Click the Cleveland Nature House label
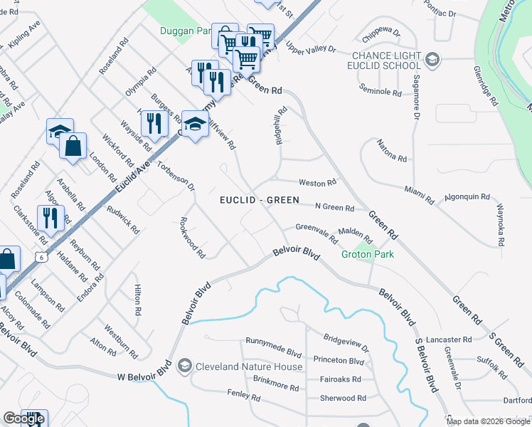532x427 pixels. [250, 367]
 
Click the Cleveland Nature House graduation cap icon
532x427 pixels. [185, 366]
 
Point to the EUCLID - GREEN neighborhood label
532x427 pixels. [259, 200]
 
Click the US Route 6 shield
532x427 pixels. [43, 257]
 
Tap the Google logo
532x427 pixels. [23, 418]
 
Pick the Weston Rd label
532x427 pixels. [316, 183]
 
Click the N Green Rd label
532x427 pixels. [334, 208]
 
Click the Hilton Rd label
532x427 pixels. [138, 300]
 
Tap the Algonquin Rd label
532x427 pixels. [467, 196]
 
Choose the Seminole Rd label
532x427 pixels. [381, 92]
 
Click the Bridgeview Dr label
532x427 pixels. [346, 344]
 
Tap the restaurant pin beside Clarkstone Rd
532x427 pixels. [50, 217]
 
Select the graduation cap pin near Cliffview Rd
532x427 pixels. [195, 125]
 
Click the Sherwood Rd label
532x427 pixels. [343, 399]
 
